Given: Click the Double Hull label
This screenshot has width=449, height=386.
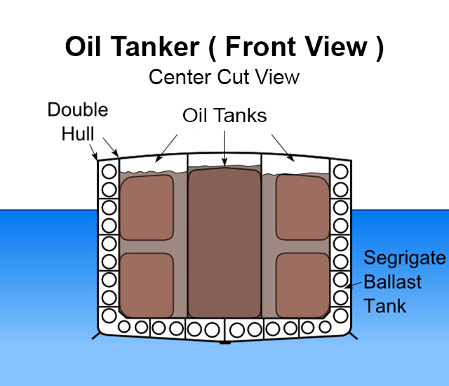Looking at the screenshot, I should click(x=77, y=120).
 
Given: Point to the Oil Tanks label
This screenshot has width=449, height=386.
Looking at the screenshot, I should click(x=224, y=115).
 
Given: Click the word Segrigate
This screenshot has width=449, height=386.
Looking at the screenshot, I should click(x=404, y=258).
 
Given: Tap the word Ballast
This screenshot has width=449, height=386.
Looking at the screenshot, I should click(x=392, y=282).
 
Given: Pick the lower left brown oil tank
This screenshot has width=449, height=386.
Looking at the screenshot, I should click(x=147, y=284).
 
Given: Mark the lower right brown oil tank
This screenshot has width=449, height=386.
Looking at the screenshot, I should click(x=302, y=284).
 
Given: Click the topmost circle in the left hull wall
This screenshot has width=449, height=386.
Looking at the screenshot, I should click(x=109, y=171).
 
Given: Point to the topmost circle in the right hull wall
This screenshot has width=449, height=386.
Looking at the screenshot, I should click(x=340, y=171).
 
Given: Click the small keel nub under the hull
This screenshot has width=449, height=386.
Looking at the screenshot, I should click(x=224, y=342).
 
